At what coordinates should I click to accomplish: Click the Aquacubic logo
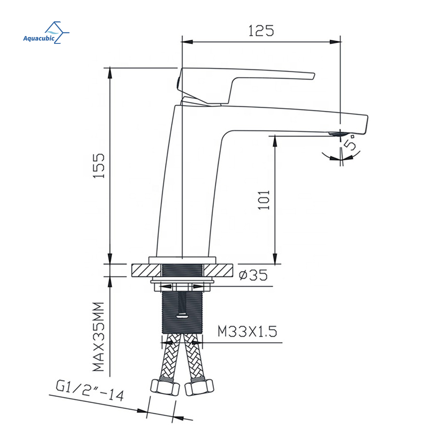(x=46, y=32)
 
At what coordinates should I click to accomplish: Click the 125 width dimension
(x=261, y=31)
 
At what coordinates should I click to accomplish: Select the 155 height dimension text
(x=99, y=166)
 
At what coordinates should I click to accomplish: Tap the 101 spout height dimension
(x=264, y=200)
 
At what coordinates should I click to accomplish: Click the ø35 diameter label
(x=253, y=275)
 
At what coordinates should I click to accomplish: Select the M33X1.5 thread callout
(x=247, y=331)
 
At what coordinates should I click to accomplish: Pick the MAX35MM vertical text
(x=99, y=337)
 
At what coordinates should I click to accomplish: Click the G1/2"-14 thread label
(x=90, y=391)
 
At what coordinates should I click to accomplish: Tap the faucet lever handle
(x=245, y=85)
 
